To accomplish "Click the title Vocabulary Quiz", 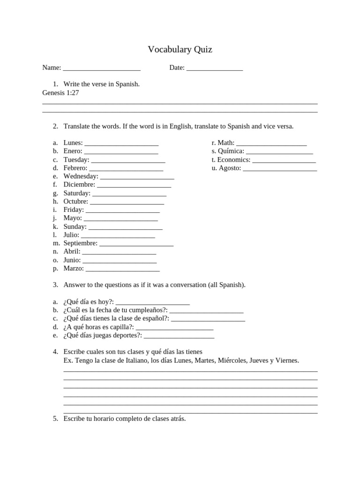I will [x=180, y=49].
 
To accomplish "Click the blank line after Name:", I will [x=101, y=68].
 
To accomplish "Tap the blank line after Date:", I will [x=214, y=68].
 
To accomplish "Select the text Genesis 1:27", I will [x=60, y=93].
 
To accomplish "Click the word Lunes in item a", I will [x=73, y=142].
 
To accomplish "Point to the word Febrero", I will [x=75, y=168].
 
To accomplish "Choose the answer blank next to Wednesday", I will [x=137, y=177].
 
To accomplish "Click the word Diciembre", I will [x=79, y=185].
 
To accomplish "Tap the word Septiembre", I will [x=80, y=243].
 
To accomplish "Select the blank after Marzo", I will [x=122, y=270].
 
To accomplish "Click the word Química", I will [x=231, y=151].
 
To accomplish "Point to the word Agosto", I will [x=230, y=168].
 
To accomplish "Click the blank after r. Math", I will [x=271, y=143].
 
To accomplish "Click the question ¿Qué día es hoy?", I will [x=89, y=301].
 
